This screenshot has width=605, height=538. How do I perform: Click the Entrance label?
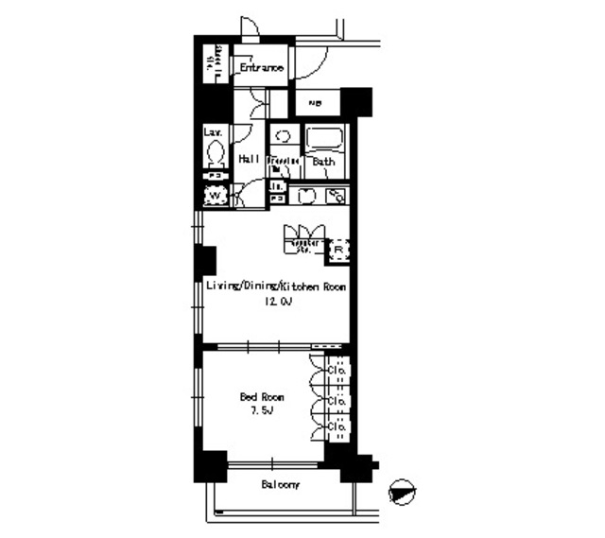tap(261, 68)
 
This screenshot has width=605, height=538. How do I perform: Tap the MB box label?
tap(313, 102)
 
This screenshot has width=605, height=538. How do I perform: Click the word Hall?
tap(250, 160)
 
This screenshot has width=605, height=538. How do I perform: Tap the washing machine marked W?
tap(216, 195)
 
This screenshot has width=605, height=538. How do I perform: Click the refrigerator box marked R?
tap(338, 251)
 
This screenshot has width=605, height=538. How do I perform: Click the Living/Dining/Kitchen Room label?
tap(276, 286)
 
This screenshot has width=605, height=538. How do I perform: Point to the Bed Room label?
tap(262, 398)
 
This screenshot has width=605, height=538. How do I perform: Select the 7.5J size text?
tap(262, 412)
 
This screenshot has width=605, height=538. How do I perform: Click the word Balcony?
tap(281, 485)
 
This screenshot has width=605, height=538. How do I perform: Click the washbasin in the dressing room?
tap(283, 137)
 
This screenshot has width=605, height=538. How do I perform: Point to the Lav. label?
tap(214, 132)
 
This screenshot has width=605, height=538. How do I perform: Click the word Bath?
tap(323, 162)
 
